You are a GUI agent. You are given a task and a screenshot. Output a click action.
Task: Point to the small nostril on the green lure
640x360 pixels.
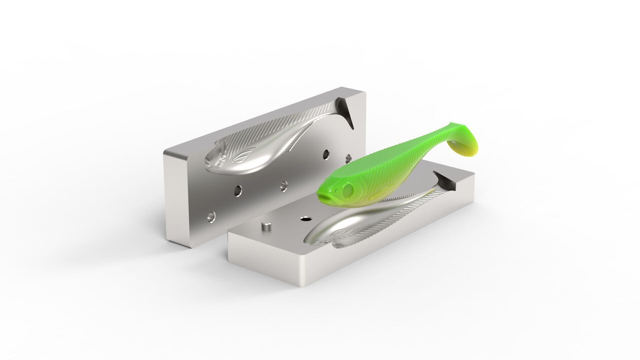[336, 191]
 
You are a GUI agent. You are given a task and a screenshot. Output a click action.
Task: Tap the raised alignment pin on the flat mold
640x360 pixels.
[266, 226]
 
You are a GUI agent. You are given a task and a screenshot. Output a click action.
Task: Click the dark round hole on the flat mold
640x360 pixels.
[305, 219]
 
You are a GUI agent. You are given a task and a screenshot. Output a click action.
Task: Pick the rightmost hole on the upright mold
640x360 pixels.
[349, 157]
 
